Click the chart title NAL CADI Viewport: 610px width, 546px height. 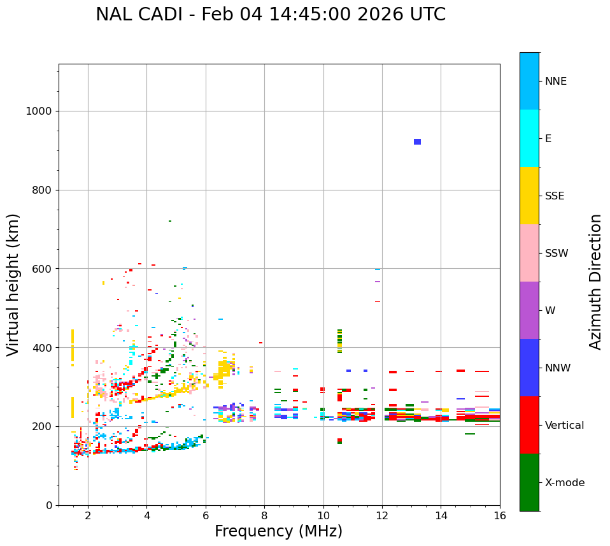[271, 15]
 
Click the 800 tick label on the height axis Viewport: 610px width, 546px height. [41, 190]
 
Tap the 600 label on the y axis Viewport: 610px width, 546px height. [41, 269]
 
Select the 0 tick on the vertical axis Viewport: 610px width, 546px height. [48, 505]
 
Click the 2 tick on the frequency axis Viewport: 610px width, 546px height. [88, 515]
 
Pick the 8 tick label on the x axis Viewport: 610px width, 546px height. [264, 515]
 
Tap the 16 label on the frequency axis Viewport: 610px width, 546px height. [500, 515]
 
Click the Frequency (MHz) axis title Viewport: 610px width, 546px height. [278, 531]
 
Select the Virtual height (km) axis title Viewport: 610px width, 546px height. [13, 285]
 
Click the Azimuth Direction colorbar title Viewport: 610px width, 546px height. [595, 282]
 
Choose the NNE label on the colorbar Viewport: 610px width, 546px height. [555, 82]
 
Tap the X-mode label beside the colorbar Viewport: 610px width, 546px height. [564, 483]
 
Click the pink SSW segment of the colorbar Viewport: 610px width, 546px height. [529, 253]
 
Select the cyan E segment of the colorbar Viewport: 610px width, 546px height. [529, 138]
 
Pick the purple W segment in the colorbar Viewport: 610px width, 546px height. [529, 310]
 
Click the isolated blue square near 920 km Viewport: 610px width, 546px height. [417, 141]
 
